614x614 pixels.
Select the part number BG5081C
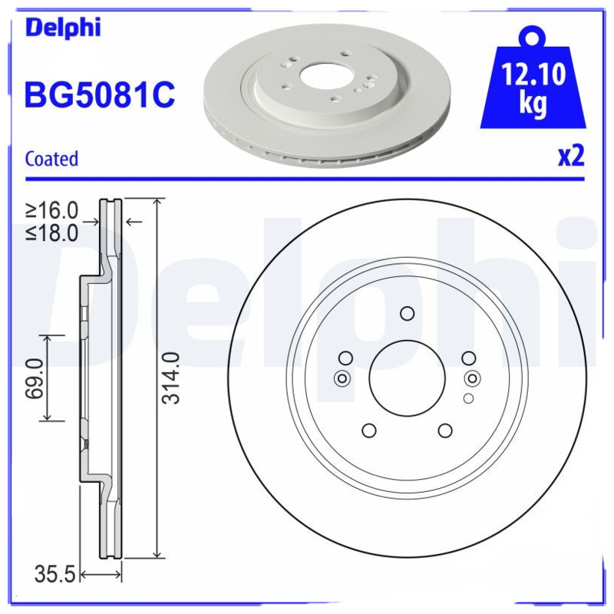coord(100,96)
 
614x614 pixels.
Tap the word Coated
coord(51,159)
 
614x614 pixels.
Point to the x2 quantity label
coord(570,156)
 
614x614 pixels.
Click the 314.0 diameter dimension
coord(173,378)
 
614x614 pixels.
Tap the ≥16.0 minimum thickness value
coord(52,210)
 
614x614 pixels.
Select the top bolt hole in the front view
coord(407,313)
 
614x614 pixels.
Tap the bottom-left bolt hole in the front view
coord(369,431)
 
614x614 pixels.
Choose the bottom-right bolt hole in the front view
coord(445,431)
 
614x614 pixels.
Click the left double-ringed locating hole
coord(342,378)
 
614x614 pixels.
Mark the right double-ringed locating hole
coord(473,378)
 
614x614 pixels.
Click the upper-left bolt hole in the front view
coord(345,358)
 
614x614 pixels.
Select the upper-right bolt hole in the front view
coord(469,358)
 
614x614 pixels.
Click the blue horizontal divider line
coord(307,180)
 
